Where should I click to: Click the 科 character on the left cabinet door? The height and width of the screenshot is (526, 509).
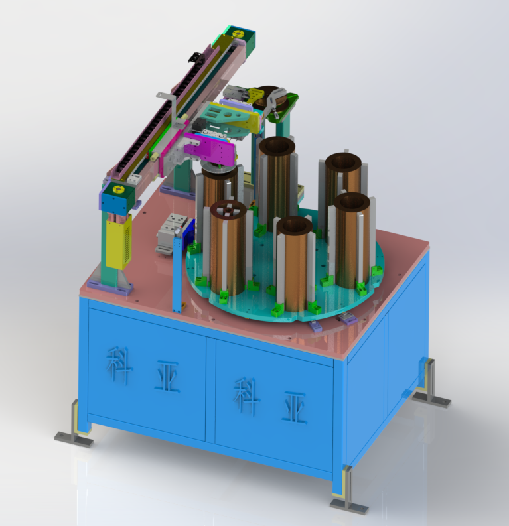pos(118,365)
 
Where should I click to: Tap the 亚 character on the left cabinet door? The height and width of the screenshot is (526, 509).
pos(167,378)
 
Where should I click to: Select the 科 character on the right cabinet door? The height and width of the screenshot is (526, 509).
pos(246,397)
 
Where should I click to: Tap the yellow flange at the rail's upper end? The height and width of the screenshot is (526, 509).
pos(238,34)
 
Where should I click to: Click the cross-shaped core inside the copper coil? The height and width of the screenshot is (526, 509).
pos(228,210)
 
